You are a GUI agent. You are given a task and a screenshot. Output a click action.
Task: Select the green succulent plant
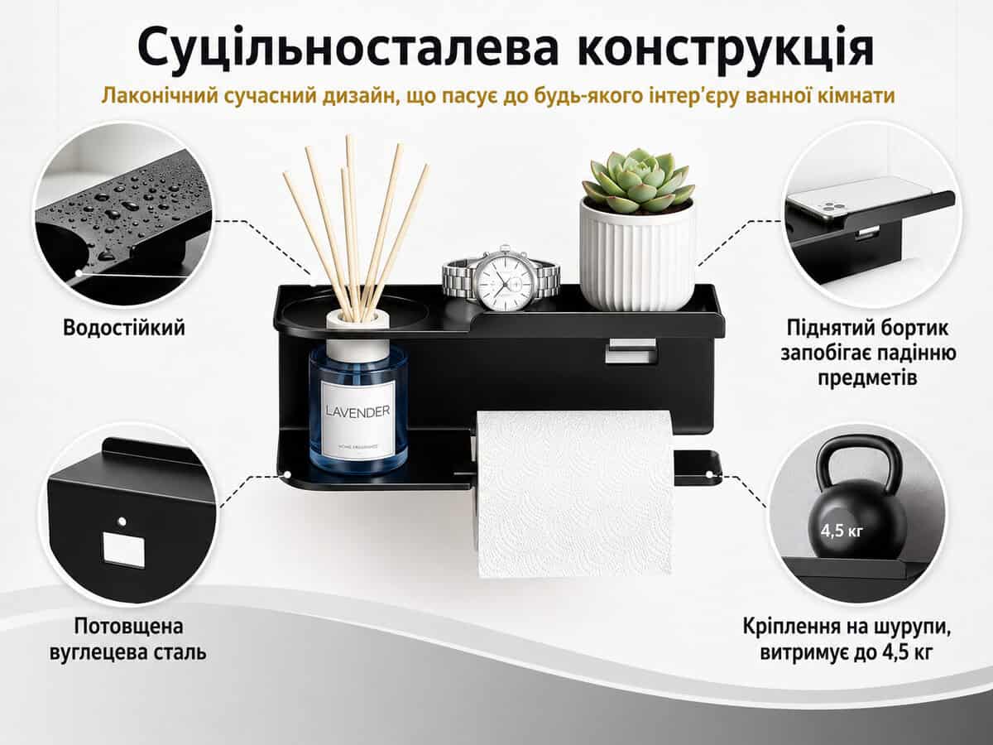coord(638,181)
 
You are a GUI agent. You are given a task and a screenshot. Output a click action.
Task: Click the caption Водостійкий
coord(124,328)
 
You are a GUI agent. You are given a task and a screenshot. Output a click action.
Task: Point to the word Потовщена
coord(129,627)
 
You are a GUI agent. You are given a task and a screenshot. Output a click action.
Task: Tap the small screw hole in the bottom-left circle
coord(122,521)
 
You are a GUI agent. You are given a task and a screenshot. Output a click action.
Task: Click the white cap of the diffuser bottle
coord(357,334)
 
